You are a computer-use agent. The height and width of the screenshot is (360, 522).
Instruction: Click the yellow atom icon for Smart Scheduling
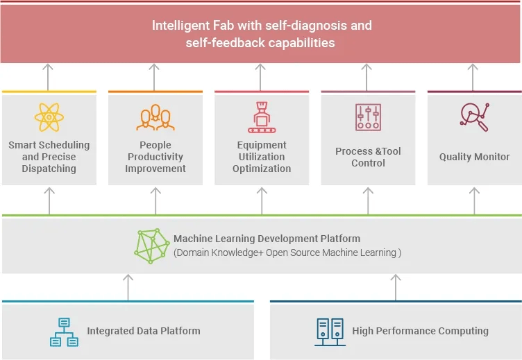(49, 117)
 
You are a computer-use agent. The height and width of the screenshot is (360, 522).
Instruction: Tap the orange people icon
(155, 117)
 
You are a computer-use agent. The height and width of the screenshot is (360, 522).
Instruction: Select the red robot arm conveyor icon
(262, 117)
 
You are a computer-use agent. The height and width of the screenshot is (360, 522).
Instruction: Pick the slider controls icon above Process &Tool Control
(368, 117)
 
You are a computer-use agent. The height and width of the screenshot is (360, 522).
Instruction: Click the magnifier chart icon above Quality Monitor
(475, 117)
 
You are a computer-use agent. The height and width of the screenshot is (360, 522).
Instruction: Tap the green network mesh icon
(152, 246)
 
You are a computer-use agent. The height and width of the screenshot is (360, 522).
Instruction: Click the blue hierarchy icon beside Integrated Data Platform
(65, 332)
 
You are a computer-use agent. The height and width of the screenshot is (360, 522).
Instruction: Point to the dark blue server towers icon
(330, 332)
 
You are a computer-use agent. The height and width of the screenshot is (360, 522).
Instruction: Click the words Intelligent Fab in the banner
(193, 26)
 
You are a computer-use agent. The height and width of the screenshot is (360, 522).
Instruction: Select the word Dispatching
(49, 169)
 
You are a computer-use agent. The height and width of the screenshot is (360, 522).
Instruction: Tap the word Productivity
(155, 157)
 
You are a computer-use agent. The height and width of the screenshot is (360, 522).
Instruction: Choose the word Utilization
(262, 157)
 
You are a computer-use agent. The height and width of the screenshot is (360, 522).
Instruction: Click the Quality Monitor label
(474, 157)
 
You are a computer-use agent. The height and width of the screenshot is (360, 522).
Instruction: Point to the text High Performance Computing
(421, 331)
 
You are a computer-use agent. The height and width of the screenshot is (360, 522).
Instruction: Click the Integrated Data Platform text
(144, 331)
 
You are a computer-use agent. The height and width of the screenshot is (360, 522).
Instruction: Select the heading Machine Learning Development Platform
(267, 239)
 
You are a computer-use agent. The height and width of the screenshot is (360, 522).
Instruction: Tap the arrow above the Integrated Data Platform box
(128, 287)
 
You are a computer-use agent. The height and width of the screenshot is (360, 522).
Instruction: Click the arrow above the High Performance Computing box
(396, 287)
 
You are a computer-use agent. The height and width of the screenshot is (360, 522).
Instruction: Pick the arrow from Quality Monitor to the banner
(473, 77)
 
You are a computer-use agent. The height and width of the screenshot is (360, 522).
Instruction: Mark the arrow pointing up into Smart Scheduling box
(49, 201)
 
